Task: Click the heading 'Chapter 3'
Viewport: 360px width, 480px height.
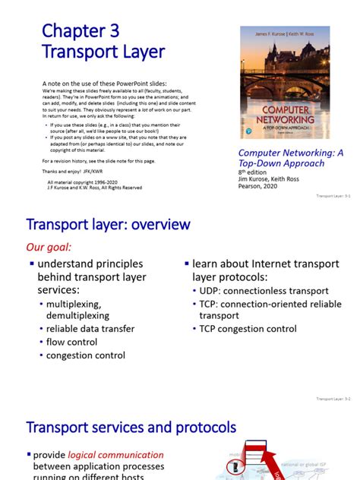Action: tap(81, 30)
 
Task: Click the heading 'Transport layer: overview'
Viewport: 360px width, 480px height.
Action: tap(108, 225)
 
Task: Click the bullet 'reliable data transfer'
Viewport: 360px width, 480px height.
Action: tap(90, 329)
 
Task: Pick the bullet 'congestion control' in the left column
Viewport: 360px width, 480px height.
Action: tap(86, 355)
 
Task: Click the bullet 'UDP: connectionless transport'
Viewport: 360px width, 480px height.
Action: tap(264, 291)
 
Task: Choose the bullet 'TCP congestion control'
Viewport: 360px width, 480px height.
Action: tap(248, 329)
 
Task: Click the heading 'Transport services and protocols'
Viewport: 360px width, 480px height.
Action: tap(131, 428)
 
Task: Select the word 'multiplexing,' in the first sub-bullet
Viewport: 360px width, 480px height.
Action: tap(75, 304)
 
